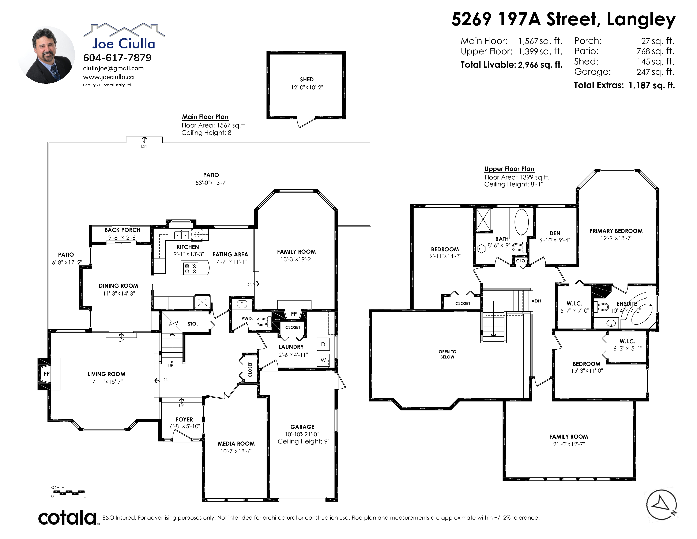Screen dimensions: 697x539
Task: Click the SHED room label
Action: pos(307,79)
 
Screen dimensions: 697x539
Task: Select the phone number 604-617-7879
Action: pos(117,58)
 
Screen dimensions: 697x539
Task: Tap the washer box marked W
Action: pos(323,360)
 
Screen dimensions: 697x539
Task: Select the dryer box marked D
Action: pos(323,344)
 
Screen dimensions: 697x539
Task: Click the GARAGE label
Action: pos(302,427)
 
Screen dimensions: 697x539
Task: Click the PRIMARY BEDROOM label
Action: pos(616,231)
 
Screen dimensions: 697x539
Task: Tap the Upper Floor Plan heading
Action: pos(509,169)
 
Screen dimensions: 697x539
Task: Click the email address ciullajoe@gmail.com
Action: pos(113,68)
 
